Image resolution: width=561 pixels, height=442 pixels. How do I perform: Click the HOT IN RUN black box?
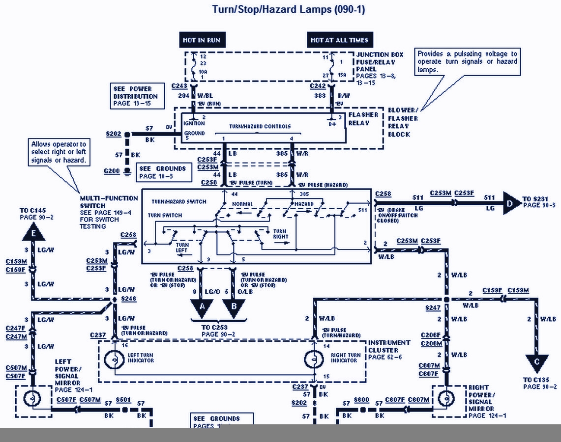click(202, 40)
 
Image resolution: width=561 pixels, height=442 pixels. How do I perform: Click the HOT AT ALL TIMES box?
click(339, 40)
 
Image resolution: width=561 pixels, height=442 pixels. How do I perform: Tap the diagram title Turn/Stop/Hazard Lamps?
click(288, 9)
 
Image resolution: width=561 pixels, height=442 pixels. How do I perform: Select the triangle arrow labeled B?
click(233, 307)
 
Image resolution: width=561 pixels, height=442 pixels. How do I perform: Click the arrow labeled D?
click(511, 203)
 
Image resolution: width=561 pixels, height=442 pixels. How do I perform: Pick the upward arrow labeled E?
click(33, 233)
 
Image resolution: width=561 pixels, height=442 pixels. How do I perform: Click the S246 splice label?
click(128, 299)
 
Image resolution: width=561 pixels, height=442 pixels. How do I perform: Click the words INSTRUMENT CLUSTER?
click(389, 346)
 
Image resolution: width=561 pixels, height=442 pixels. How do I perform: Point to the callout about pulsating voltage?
click(467, 61)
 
